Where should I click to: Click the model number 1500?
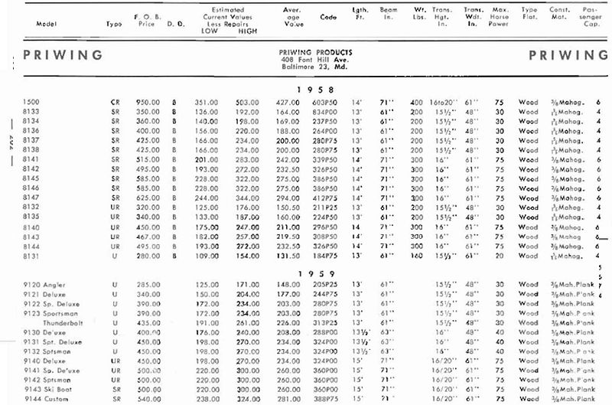(31, 102)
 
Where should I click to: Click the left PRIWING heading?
(63, 55)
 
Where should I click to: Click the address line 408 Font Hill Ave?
(316, 59)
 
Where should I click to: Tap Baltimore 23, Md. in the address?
(316, 67)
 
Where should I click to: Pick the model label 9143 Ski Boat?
(50, 389)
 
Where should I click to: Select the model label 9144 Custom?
(47, 398)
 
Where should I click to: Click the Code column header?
(327, 23)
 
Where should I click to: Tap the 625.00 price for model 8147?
(148, 197)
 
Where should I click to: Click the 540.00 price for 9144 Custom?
(148, 398)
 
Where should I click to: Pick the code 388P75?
(327, 398)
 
